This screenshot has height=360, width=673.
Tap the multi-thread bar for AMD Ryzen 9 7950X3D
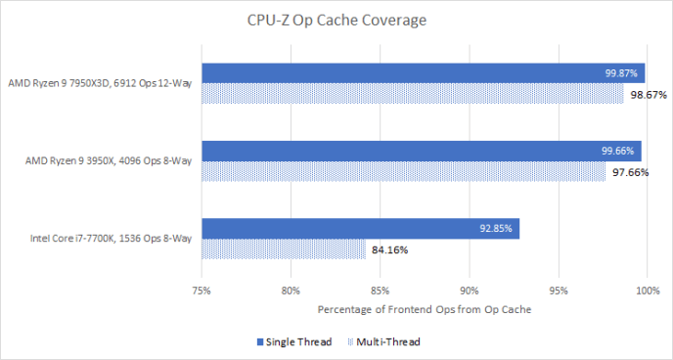[x=412, y=94]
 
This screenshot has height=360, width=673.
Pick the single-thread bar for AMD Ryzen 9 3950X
[x=421, y=151]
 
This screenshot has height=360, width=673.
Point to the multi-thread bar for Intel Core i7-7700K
[x=283, y=249]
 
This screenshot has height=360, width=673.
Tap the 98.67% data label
[x=648, y=95]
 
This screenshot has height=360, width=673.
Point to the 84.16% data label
[x=389, y=250]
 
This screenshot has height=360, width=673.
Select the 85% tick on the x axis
[x=380, y=291]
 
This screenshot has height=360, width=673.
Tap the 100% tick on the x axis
[x=646, y=291]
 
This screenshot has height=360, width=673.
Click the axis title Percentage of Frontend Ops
[x=423, y=310]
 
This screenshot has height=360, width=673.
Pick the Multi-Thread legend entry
[x=386, y=342]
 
